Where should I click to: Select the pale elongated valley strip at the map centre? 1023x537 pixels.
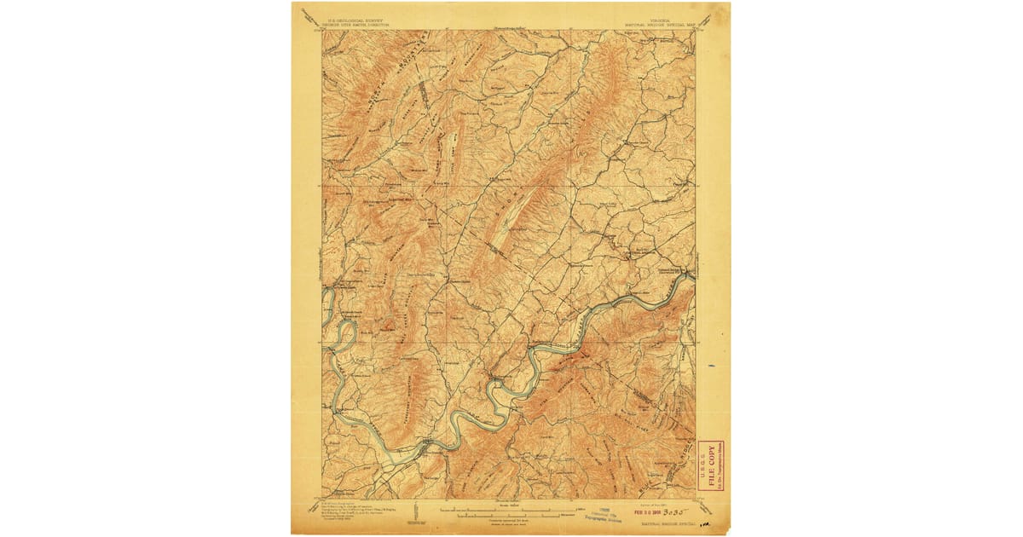tap(510, 223)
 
